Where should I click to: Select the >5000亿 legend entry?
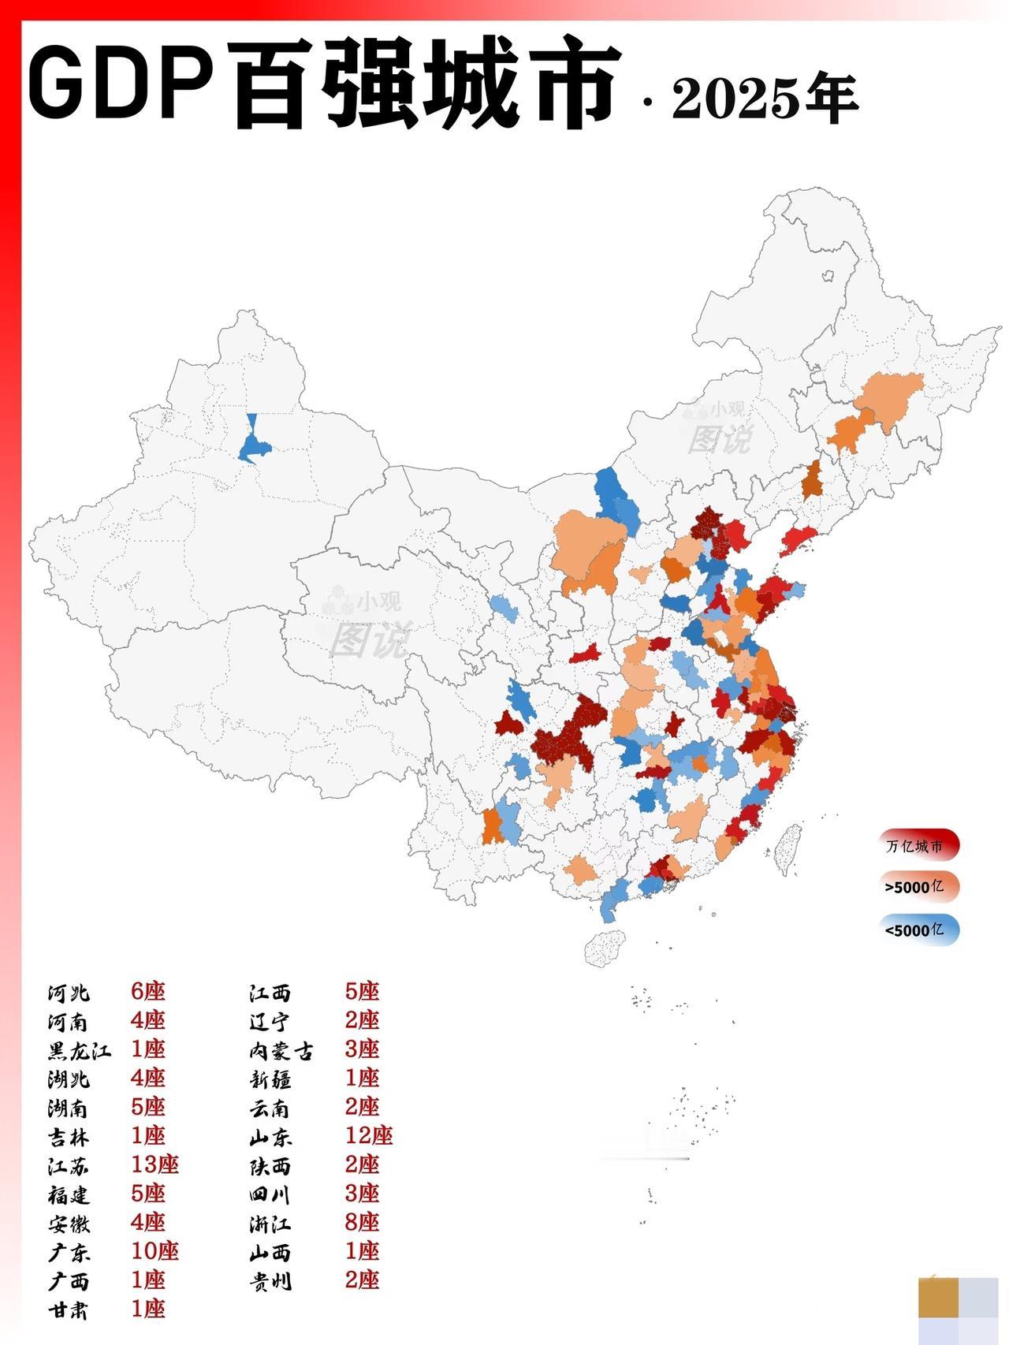pyautogui.click(x=919, y=887)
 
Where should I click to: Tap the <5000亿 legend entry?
pyautogui.click(x=919, y=930)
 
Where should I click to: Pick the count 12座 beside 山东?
pyautogui.click(x=368, y=1135)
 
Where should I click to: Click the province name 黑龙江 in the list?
pyautogui.click(x=79, y=1050)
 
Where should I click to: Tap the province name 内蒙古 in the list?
pyautogui.click(x=281, y=1050)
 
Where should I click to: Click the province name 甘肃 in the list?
pyautogui.click(x=68, y=1310)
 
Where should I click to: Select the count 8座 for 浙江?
pyautogui.click(x=362, y=1222)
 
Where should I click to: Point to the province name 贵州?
pyautogui.click(x=270, y=1280)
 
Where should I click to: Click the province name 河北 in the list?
pyautogui.click(x=68, y=993)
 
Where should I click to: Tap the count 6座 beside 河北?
pyautogui.click(x=147, y=991)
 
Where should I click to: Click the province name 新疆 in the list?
pyautogui.click(x=270, y=1079)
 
